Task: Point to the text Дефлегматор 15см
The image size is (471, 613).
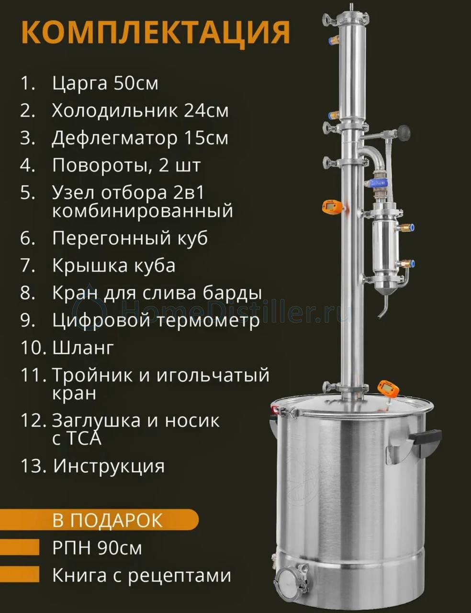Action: click(140, 138)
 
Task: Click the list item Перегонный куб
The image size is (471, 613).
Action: click(130, 238)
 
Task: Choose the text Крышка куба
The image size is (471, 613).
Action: click(113, 265)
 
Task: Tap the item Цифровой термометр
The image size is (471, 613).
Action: click(156, 320)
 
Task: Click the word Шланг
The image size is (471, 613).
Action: click(83, 348)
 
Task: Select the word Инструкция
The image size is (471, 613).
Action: click(109, 465)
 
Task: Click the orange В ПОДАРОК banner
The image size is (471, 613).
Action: click(99, 521)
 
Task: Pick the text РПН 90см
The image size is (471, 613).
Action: click(97, 548)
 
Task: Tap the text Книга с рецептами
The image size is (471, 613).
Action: click(142, 576)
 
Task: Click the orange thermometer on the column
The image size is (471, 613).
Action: click(334, 207)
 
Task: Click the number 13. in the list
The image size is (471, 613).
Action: click(33, 465)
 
